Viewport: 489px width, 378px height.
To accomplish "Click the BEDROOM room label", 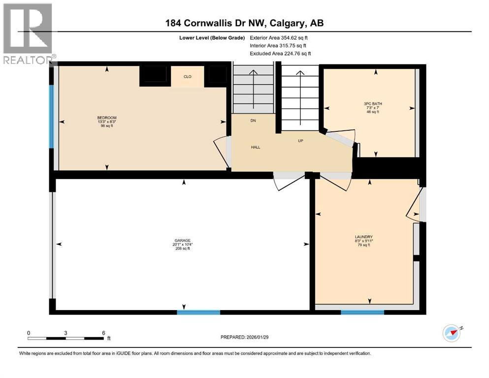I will click(107, 118).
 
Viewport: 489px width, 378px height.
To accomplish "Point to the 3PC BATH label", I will click(376, 104).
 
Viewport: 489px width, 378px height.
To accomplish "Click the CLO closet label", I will click(187, 76).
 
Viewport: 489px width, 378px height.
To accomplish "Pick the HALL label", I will click(256, 147).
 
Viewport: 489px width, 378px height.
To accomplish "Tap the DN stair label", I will click(253, 120).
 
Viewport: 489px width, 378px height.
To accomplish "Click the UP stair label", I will click(300, 140).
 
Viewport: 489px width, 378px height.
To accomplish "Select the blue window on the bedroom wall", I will click(51, 116).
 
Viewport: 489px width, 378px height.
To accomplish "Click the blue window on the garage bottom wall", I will click(198, 312).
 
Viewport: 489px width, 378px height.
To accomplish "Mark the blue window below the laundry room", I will click(362, 312).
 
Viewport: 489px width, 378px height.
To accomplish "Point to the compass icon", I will click(452, 333).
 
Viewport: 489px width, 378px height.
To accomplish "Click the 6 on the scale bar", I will click(103, 333).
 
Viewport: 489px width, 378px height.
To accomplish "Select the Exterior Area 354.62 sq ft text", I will click(280, 37).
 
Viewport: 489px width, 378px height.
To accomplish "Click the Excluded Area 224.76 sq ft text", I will click(280, 54).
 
